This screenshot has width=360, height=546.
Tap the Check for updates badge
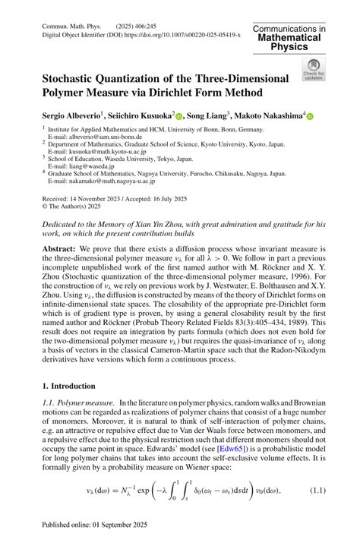tap(312, 69)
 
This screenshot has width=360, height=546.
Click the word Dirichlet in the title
tap(209, 93)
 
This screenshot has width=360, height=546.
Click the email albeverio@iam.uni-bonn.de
tap(90, 137)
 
